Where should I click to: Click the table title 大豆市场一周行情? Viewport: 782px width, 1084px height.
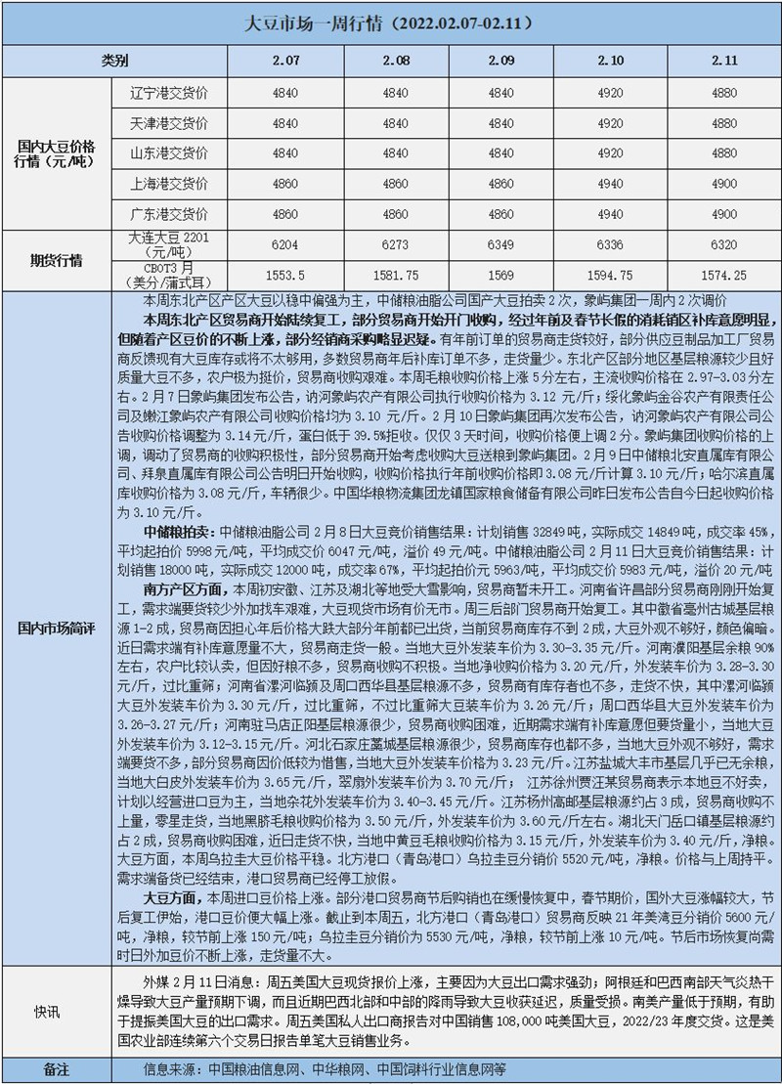[391, 21]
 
